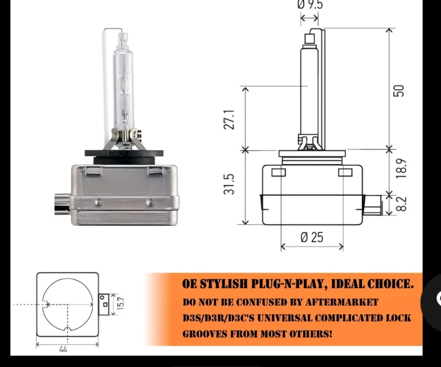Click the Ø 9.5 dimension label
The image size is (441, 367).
point(310,5)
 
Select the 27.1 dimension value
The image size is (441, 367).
point(230,119)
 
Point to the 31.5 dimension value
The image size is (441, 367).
point(230,184)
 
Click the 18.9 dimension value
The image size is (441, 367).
point(401,169)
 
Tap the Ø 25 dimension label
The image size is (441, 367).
point(312,237)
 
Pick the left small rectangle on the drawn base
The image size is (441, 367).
point(278,172)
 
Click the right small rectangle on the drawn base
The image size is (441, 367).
point(345,172)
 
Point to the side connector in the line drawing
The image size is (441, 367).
point(372,205)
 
